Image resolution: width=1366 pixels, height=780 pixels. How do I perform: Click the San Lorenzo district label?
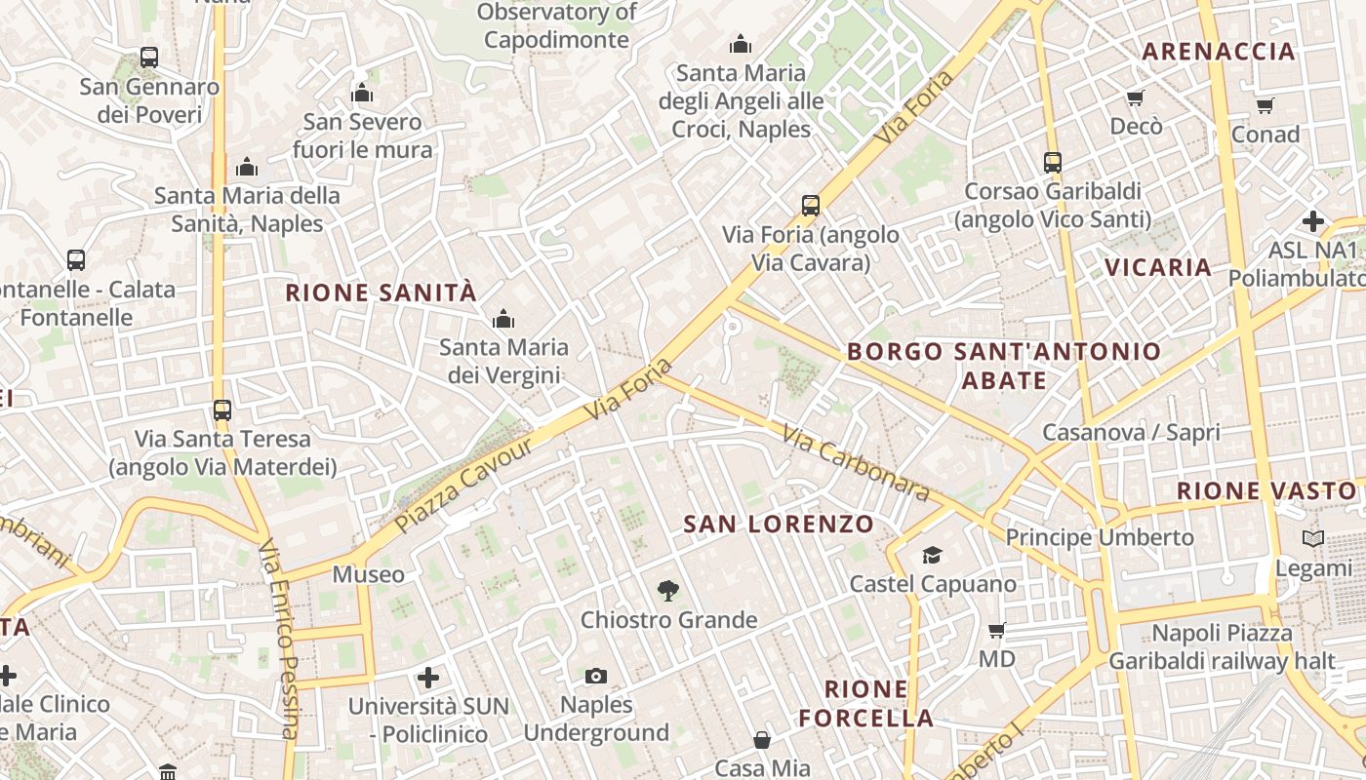pyautogui.click(x=779, y=524)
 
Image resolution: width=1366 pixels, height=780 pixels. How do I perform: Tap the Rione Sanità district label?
pyautogui.click(x=381, y=292)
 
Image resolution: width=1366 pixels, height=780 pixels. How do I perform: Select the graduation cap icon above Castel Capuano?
pyautogui.click(x=932, y=555)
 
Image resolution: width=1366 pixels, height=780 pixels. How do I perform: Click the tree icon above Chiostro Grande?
pyautogui.click(x=668, y=590)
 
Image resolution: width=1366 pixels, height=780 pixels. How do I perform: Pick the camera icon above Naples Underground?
pyautogui.click(x=596, y=676)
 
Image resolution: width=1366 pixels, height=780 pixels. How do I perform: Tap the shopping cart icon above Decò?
pyautogui.click(x=1135, y=97)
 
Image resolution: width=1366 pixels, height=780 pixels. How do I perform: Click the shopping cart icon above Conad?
pyautogui.click(x=1265, y=105)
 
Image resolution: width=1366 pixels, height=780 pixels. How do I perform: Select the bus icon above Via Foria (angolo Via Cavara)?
pyautogui.click(x=811, y=206)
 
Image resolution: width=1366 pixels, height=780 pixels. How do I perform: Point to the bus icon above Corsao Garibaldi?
pyautogui.click(x=1052, y=162)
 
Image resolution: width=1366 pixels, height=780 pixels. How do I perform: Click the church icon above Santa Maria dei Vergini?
pyautogui.click(x=503, y=319)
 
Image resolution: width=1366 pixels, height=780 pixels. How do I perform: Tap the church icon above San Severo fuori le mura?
pyautogui.click(x=362, y=94)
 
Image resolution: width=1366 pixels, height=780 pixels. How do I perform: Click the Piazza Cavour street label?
pyautogui.click(x=464, y=485)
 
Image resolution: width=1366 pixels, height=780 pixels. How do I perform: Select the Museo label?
pyautogui.click(x=368, y=574)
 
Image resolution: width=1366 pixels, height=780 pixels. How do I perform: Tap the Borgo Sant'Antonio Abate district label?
pyautogui.click(x=1004, y=366)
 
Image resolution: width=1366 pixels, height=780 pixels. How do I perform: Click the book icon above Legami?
pyautogui.click(x=1313, y=538)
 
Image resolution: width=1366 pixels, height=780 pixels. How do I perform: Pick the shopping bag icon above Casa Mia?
pyautogui.click(x=762, y=741)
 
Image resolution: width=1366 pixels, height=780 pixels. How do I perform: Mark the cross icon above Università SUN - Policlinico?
pyautogui.click(x=427, y=677)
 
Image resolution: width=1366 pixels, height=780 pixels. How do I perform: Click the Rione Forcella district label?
pyautogui.click(x=866, y=704)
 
